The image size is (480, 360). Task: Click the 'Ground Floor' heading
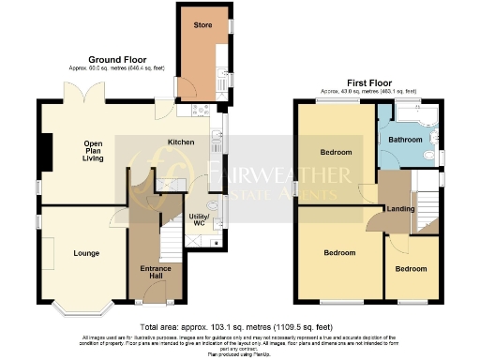pyautogui.click(x=115, y=57)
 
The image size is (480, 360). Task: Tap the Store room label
pyautogui.click(x=202, y=23)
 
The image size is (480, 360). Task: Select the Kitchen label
pyautogui.click(x=181, y=142)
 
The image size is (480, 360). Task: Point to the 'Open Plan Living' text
pyautogui.click(x=93, y=150)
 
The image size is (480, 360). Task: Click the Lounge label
pyautogui.click(x=86, y=253)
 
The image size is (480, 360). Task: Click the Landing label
pyautogui.click(x=401, y=208)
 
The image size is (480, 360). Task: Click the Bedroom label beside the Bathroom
pyautogui.click(x=335, y=152)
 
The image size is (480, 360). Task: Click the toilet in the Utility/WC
pyautogui.click(x=213, y=204)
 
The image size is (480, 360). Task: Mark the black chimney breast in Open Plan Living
pyautogui.click(x=42, y=147)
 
